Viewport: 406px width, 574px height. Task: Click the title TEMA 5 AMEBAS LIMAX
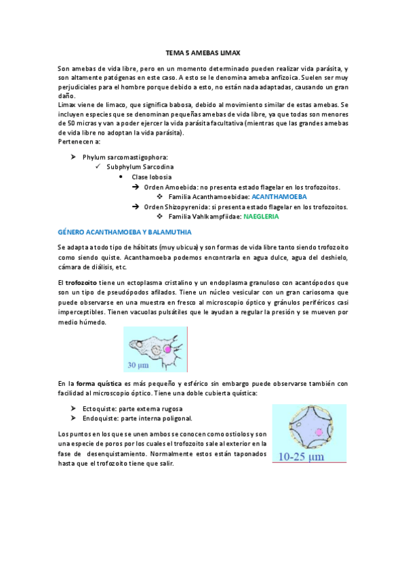coord(203,52)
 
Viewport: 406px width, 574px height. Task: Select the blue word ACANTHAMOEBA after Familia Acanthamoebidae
coord(279,196)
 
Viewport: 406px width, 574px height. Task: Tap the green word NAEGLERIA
coord(261,217)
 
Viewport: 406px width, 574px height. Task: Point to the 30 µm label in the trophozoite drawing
coord(139,366)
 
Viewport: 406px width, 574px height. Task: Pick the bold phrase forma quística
coord(100,383)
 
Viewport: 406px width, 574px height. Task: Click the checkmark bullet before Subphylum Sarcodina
coord(98,167)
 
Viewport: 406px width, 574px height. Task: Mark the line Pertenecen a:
coord(79,142)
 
